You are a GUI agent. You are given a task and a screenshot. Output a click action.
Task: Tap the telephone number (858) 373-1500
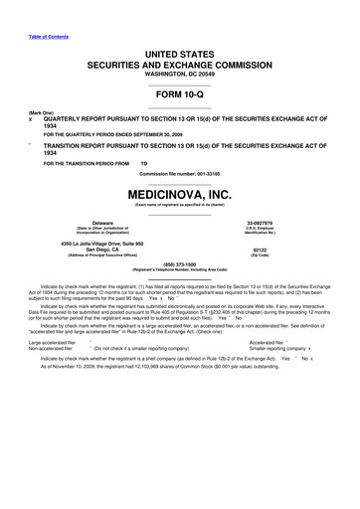click(x=180, y=264)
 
